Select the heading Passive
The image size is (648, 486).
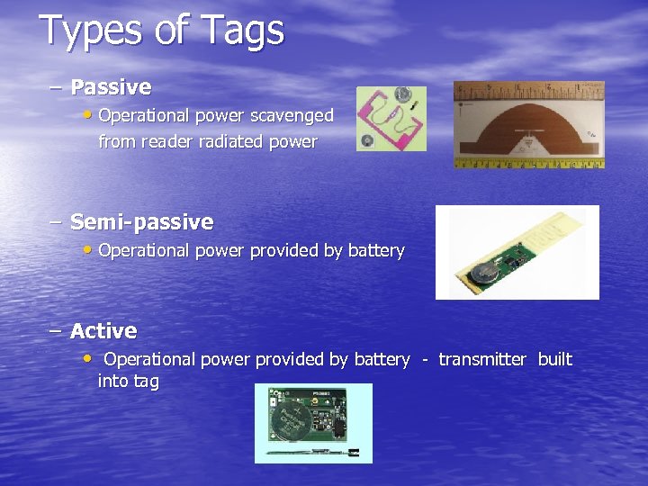click(111, 87)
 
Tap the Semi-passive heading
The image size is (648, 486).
click(141, 221)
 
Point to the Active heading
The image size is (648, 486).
click(103, 331)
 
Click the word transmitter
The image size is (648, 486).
click(481, 359)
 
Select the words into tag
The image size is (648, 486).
click(128, 382)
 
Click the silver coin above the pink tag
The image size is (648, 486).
click(404, 94)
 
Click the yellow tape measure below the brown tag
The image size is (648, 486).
click(529, 163)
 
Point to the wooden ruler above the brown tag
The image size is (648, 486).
click(529, 89)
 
